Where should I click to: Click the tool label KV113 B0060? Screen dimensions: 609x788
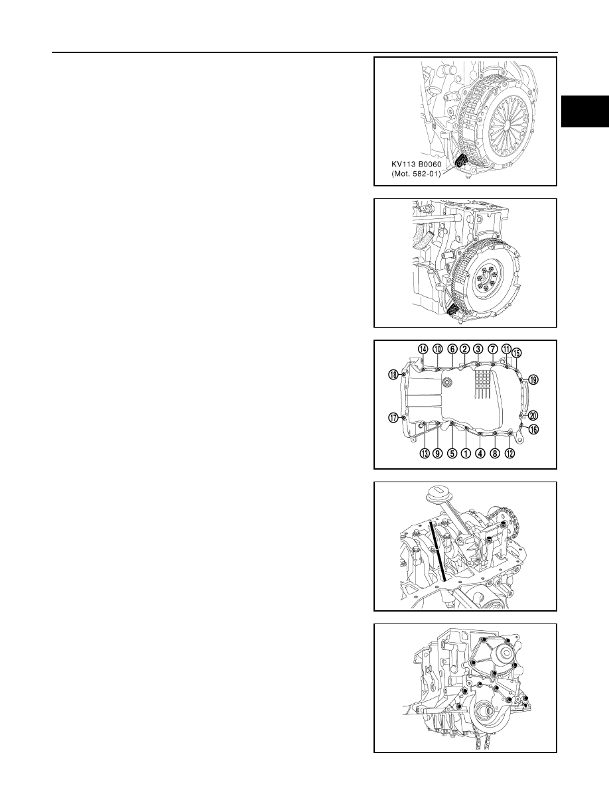coord(417,164)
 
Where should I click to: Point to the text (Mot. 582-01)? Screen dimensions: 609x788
coord(416,174)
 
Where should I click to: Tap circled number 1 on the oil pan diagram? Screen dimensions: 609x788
coord(466,453)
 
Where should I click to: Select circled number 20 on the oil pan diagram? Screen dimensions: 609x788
coord(533,416)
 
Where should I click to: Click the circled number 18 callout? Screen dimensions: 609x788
coord(393,374)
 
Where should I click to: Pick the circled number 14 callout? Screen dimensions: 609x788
coord(423,349)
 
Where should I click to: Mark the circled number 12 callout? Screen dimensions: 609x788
coord(509,453)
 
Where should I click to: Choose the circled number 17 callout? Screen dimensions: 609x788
coord(393,417)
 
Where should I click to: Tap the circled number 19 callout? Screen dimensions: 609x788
coord(533,379)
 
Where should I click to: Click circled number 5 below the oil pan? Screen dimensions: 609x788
coord(452,453)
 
